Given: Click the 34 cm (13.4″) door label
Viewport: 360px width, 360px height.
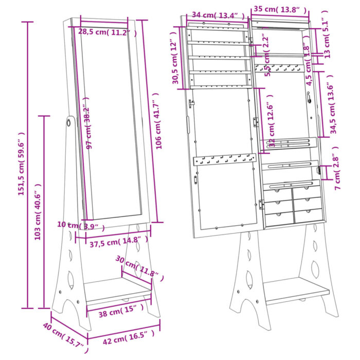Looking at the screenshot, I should click(216, 15).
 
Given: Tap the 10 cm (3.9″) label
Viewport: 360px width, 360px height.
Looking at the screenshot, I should click(82, 225).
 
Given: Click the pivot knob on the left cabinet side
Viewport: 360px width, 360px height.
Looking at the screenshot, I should click(68, 122).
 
